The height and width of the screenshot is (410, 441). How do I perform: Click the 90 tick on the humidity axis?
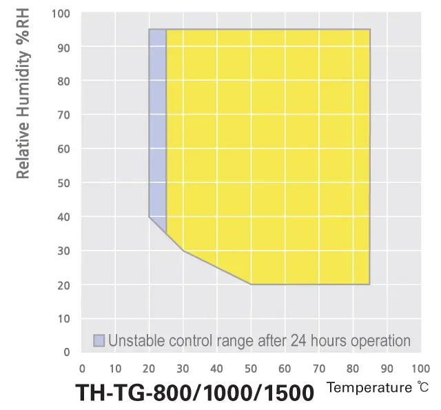(62, 47)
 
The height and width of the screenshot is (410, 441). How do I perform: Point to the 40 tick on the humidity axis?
(62, 217)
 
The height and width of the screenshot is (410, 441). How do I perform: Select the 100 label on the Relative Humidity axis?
(60, 13)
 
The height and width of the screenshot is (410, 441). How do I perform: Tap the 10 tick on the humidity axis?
(62, 318)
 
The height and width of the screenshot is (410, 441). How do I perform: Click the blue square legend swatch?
(99, 340)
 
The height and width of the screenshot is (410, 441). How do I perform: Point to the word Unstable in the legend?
(134, 340)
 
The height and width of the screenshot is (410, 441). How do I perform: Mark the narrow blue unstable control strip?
(158, 124)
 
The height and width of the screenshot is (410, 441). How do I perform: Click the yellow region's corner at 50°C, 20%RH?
(252, 284)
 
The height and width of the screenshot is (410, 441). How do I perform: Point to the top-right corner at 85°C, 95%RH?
(370, 30)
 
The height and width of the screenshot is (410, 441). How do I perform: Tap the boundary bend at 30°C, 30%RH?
(184, 251)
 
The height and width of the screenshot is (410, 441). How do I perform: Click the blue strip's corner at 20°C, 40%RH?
(150, 217)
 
